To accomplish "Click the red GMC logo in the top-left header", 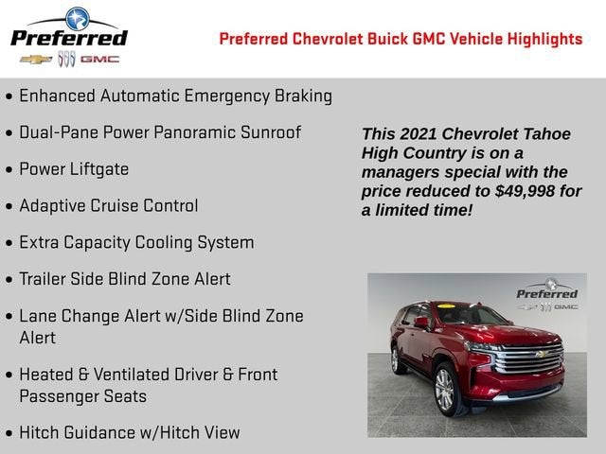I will (99, 59).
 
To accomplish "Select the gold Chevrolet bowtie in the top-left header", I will (35, 59).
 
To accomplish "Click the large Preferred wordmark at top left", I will (68, 38).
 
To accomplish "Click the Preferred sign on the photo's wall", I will (546, 294).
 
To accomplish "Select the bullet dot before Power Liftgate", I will (9, 170).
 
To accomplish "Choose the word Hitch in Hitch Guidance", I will (40, 432).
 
